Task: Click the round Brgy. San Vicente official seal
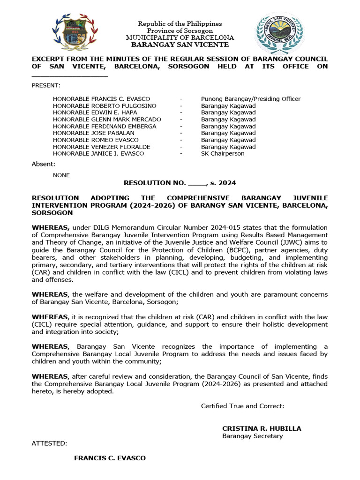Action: coord(279,32)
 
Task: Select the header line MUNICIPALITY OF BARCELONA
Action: coord(180,37)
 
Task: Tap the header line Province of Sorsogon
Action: coord(180,30)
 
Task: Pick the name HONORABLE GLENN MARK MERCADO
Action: coord(107,120)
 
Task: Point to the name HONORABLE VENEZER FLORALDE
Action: coord(101,147)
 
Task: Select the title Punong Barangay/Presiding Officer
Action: coord(250,99)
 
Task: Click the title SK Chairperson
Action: coord(223,153)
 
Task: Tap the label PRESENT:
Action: coord(45,85)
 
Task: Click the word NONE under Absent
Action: coord(61,175)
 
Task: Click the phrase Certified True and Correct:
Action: coord(242,406)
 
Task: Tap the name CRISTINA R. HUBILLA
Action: coord(262,428)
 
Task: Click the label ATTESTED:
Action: coord(49,443)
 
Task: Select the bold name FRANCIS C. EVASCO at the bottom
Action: coord(110,458)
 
